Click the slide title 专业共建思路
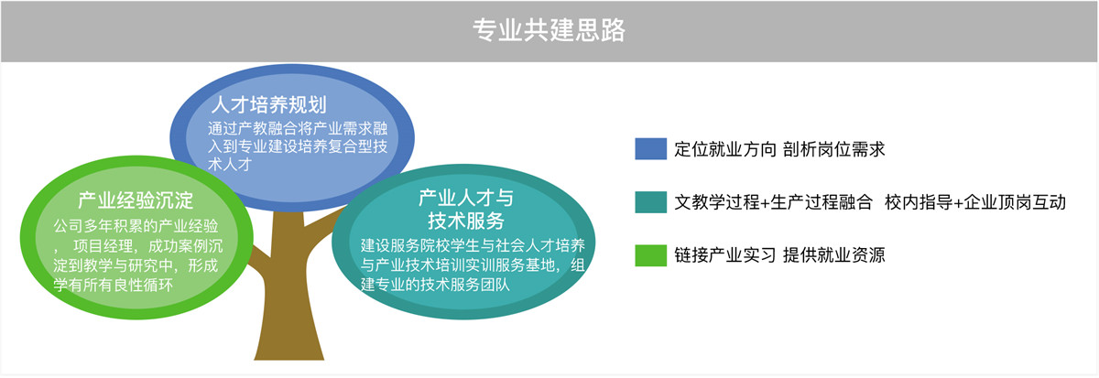(x=549, y=30)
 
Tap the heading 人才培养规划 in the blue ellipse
(x=269, y=105)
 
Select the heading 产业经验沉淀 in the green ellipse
(x=136, y=200)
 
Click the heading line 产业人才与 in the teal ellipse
(x=465, y=198)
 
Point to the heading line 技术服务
(x=465, y=221)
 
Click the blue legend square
(x=650, y=149)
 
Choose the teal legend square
(x=650, y=202)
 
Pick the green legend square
(x=650, y=255)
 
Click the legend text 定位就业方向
(x=725, y=149)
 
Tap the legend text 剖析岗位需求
(x=834, y=149)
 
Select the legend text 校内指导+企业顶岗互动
(x=975, y=202)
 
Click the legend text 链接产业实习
(x=725, y=255)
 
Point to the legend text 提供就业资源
(x=834, y=255)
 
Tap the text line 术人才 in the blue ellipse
(x=230, y=164)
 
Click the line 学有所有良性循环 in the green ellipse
(x=114, y=285)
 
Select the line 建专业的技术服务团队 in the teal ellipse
(x=435, y=285)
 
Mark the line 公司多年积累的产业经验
(x=136, y=226)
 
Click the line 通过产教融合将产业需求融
(x=298, y=128)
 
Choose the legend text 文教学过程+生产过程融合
(x=773, y=202)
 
